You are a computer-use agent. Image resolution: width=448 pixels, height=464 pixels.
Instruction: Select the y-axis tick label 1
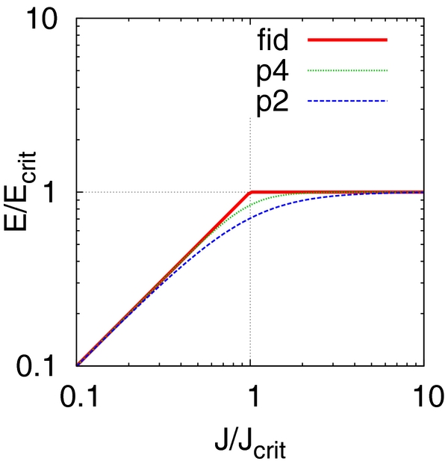click(59, 192)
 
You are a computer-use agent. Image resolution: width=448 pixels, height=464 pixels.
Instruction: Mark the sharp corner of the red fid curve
click(250, 192)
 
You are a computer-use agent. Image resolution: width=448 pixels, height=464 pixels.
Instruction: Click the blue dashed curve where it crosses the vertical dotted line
click(250, 217)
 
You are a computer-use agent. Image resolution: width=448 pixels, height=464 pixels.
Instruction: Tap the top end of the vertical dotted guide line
click(250, 119)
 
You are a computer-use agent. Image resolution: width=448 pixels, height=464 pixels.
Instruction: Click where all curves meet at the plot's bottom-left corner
click(77, 365)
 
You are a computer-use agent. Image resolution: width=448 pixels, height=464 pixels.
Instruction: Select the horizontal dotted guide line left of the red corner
click(164, 192)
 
